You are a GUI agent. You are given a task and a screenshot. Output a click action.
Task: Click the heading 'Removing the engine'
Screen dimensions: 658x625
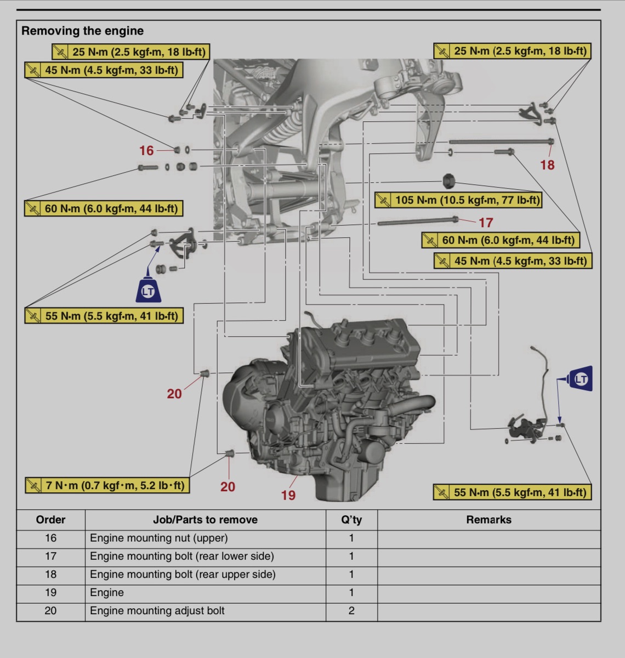coord(82,31)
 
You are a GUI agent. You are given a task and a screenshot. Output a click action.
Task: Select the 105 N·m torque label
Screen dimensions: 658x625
coord(458,200)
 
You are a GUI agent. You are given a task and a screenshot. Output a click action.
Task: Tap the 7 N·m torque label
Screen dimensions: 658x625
coord(107,486)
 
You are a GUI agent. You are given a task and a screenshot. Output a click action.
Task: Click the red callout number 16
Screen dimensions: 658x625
coord(146,151)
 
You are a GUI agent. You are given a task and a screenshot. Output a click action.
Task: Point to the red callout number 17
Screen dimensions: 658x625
coord(486,223)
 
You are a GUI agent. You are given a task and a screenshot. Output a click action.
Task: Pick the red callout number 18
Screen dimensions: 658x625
coord(547,165)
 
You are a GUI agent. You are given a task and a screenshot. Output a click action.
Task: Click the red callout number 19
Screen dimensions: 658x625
coord(288,495)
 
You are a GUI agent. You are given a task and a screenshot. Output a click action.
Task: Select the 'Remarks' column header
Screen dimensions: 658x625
coord(488,520)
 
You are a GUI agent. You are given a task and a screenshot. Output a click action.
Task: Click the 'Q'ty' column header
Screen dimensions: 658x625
coord(351,520)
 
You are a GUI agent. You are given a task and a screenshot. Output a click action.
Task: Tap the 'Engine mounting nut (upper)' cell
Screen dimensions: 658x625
coord(159,538)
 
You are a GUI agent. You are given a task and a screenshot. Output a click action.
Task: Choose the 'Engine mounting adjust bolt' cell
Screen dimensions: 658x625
coord(157,611)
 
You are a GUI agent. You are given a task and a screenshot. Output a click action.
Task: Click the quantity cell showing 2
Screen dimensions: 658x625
coord(351,611)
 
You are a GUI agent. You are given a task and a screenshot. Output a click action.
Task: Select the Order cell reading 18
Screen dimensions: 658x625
coord(50,574)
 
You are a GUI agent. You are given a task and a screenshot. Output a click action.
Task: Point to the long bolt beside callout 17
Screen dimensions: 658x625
coord(417,222)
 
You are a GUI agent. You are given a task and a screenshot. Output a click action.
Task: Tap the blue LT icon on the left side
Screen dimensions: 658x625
coord(148,290)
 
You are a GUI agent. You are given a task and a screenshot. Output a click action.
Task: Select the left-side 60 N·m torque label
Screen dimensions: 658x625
coord(104,209)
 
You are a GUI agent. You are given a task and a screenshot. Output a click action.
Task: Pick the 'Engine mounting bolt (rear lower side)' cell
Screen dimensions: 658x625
coord(182,556)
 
